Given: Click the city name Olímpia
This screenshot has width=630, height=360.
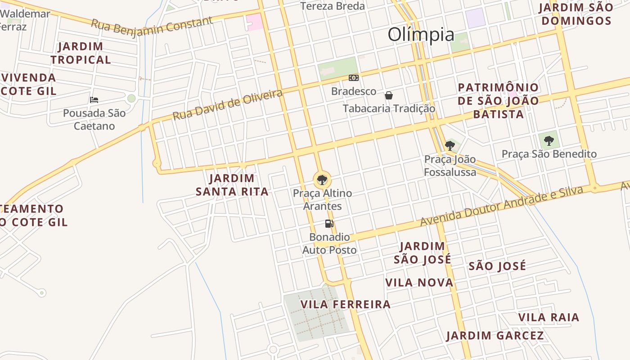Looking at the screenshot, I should pyautogui.click(x=421, y=34).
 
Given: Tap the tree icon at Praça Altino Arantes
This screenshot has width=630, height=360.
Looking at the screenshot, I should pyautogui.click(x=322, y=180).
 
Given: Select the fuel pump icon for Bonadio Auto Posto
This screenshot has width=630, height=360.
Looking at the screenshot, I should pyautogui.click(x=329, y=223).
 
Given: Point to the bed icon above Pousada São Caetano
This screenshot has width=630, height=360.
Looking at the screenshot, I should pyautogui.click(x=94, y=99).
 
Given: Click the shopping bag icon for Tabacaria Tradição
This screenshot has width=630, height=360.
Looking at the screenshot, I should pyautogui.click(x=389, y=95).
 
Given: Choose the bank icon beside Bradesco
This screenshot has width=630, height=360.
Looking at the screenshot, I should pyautogui.click(x=354, y=78).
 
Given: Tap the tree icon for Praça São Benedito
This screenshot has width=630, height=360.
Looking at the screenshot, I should pyautogui.click(x=549, y=141).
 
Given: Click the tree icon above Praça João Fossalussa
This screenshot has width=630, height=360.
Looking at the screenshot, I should pyautogui.click(x=450, y=145).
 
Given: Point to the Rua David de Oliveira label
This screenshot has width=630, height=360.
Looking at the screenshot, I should pyautogui.click(x=228, y=104).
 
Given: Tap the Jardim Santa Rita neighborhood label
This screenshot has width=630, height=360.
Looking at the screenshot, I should pyautogui.click(x=232, y=185).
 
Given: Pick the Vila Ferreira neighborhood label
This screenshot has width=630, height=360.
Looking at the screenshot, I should pyautogui.click(x=345, y=304).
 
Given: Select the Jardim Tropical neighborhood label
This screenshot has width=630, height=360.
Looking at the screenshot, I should pyautogui.click(x=81, y=53).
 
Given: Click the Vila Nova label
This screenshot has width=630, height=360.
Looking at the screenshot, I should pyautogui.click(x=419, y=283).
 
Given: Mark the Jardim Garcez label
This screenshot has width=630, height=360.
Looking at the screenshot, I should pyautogui.click(x=495, y=335).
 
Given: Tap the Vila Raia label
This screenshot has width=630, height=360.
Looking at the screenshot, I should pyautogui.click(x=549, y=317).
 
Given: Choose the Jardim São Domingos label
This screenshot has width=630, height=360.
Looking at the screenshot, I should pyautogui.click(x=576, y=14).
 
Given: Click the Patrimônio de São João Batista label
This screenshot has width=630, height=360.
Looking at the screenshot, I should pyautogui.click(x=498, y=101).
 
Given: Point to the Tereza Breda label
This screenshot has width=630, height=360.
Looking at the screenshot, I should pyautogui.click(x=333, y=6).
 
